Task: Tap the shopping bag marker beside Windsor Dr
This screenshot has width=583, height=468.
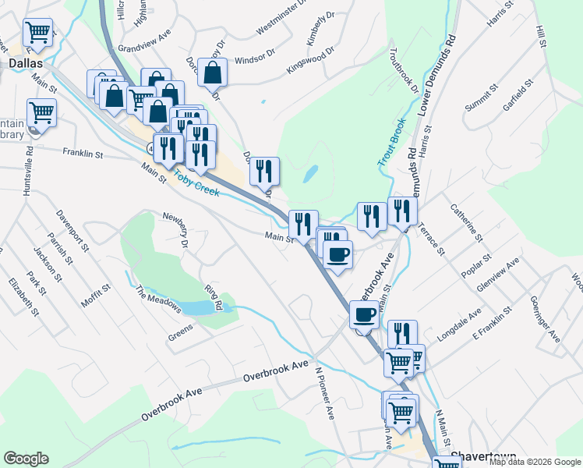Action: point(212,73)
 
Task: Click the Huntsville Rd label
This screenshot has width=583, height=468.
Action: point(29,171)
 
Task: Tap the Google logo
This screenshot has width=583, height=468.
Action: point(26,459)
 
